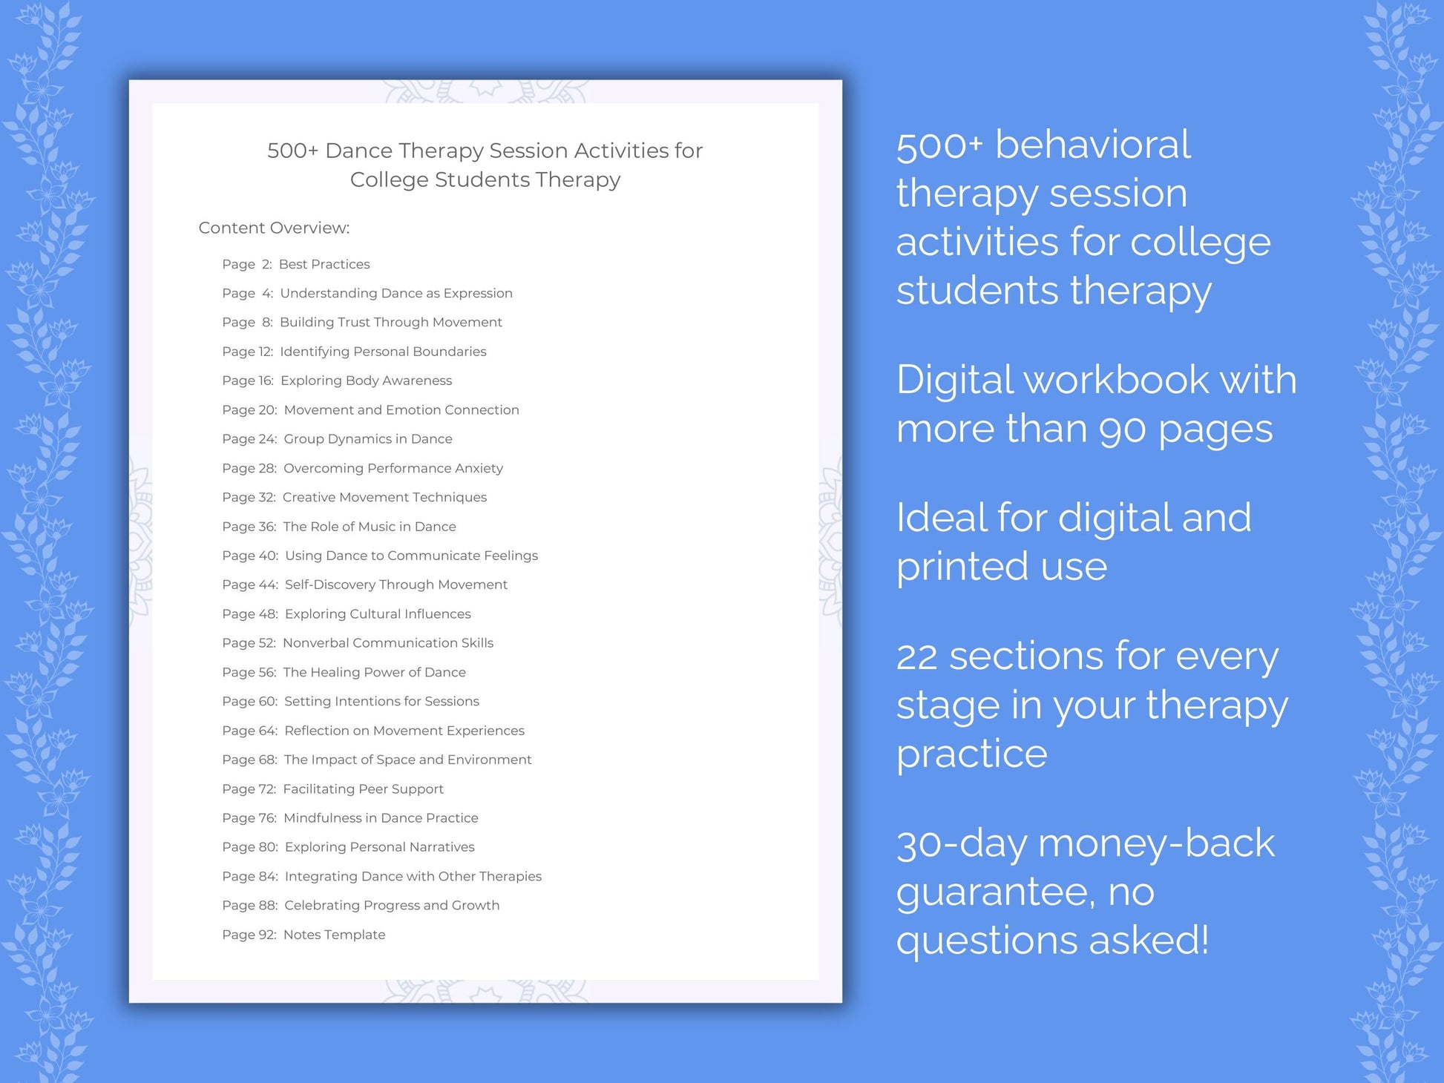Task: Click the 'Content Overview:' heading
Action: [274, 228]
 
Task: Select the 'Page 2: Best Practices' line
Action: [295, 264]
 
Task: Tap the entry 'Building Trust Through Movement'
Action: [390, 322]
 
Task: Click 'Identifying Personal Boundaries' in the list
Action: [383, 352]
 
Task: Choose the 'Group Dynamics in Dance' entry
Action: [367, 439]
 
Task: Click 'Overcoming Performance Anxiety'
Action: [393, 468]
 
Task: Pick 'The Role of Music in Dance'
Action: [369, 527]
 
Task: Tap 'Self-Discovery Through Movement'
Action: [396, 585]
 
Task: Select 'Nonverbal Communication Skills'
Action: [387, 643]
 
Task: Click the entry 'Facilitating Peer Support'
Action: [363, 789]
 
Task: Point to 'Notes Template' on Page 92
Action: [334, 935]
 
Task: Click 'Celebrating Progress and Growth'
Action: [392, 906]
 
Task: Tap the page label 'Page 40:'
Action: [250, 556]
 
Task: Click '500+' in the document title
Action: [292, 151]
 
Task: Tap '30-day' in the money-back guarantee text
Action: [961, 844]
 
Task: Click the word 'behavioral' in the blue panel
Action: [1092, 145]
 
